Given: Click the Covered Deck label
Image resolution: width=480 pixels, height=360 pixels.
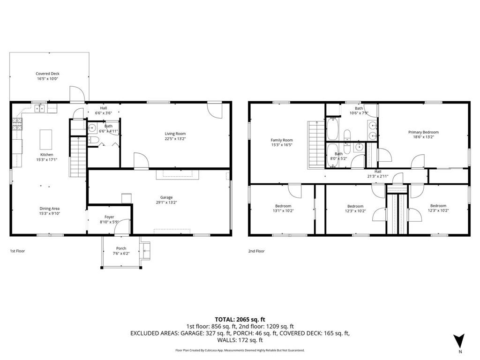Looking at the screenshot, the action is pos(47,74).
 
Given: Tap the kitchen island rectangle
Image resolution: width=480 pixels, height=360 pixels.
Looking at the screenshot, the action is pos(46,140).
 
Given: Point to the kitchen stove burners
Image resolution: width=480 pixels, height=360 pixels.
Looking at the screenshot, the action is pos(17,124).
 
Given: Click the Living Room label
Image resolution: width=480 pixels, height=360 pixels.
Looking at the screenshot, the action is pos(175,134).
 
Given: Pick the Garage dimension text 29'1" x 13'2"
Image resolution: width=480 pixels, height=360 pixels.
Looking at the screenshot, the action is pos(166,202).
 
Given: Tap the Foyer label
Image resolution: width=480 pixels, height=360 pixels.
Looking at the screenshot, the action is pos(109,217).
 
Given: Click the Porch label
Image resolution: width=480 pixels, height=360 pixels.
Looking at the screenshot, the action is pos(121,248).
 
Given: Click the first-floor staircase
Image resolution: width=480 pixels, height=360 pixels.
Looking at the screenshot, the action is pos(78,157).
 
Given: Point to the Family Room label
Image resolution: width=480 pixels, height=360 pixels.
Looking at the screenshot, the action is pos(282,140).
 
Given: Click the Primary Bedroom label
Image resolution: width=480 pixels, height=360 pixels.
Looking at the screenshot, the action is pos(423,132).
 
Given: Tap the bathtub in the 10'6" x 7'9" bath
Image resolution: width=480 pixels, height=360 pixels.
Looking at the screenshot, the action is pos(332,129).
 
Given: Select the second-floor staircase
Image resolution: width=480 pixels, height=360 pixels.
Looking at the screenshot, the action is pos(316,144).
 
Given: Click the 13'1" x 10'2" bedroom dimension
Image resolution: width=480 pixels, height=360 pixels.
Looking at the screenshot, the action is pos(283,211).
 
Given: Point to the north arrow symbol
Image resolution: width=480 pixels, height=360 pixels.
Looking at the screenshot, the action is pos(459,341).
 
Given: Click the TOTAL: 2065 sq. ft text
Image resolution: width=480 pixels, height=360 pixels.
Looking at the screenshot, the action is pos(240,320).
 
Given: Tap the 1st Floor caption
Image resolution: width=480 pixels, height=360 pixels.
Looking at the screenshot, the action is pos(17,251).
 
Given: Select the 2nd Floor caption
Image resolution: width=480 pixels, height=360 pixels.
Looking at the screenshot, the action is pos(256,251).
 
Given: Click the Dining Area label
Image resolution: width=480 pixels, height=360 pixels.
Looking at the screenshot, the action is pos(49,209).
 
